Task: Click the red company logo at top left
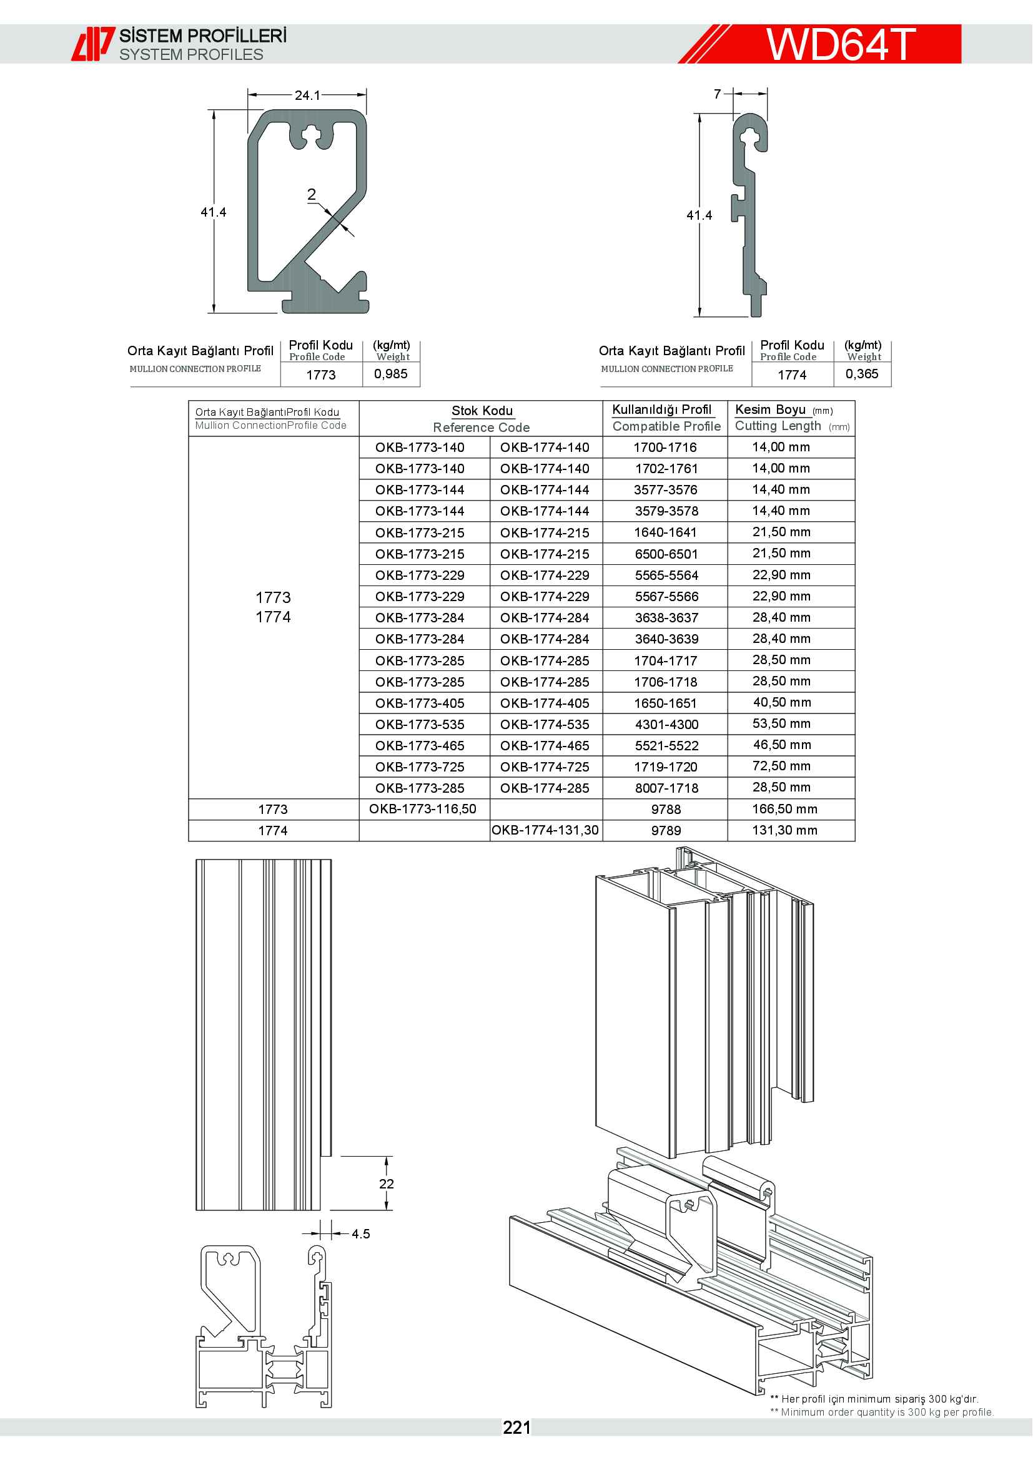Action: [x=92, y=44]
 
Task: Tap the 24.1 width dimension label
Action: [x=307, y=96]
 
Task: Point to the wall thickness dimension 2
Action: [x=312, y=194]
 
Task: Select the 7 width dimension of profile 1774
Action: [x=718, y=94]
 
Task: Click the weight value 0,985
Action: [x=390, y=374]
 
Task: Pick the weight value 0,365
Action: [x=862, y=374]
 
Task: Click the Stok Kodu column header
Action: [x=482, y=411]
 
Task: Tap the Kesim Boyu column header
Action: [x=770, y=409]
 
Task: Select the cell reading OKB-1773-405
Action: [x=420, y=703]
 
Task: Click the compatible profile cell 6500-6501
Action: [x=666, y=554]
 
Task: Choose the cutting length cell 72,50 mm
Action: [x=781, y=767]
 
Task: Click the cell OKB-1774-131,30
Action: [x=545, y=830]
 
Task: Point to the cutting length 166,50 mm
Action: [x=784, y=809]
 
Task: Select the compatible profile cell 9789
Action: [x=666, y=830]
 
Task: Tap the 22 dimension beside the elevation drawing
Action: [x=386, y=1184]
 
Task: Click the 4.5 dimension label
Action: [x=360, y=1233]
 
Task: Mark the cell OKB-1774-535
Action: [x=545, y=724]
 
